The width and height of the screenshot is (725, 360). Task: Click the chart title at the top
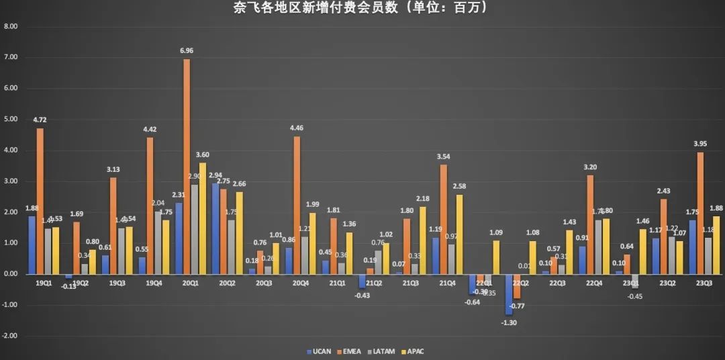[x=362, y=8]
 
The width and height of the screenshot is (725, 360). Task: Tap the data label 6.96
[x=186, y=50]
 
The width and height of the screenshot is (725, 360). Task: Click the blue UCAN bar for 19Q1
[x=32, y=245]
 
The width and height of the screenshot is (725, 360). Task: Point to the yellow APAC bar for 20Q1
[x=203, y=218]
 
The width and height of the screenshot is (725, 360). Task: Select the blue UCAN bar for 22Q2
[x=508, y=294]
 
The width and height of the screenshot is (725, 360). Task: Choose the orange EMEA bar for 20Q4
[x=297, y=205]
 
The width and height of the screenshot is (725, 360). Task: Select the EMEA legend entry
[x=350, y=351]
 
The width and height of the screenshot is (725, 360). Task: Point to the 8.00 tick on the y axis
[x=11, y=27]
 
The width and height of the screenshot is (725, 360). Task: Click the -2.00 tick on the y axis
[x=11, y=336]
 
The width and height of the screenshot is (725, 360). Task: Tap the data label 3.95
[x=700, y=144]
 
